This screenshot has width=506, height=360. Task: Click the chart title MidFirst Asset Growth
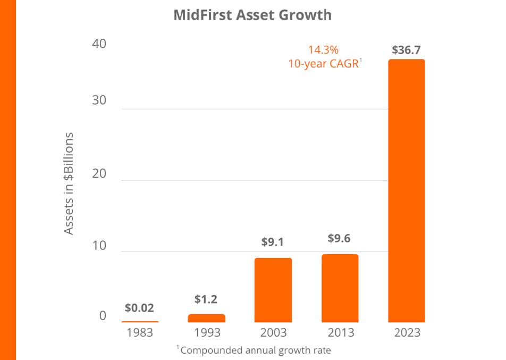coord(252,15)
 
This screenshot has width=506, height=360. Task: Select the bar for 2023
coord(406,190)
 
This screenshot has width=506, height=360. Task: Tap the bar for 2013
coord(340,288)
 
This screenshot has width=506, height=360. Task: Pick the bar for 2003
coord(273,290)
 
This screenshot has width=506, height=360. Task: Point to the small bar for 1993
coord(207,318)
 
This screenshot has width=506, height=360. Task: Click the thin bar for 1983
coord(140,322)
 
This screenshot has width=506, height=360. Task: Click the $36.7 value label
coord(406,50)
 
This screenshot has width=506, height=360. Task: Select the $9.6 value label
coord(339,238)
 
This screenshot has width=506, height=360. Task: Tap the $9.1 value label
coord(273,242)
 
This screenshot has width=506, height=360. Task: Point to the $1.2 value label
coord(206,299)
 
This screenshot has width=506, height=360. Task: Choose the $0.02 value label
coord(139,308)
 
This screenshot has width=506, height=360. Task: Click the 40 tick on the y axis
coord(99,44)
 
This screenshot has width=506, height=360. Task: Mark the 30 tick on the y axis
coord(99,100)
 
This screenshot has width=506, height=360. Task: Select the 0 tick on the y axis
coord(103,315)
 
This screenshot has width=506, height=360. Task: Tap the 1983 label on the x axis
coord(140,332)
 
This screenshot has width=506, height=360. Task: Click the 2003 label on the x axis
coord(273,332)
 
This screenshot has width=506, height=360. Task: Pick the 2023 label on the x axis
coord(407,332)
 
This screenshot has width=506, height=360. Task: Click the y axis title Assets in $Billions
coord(69,183)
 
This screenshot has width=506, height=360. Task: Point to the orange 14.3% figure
coord(323,50)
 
